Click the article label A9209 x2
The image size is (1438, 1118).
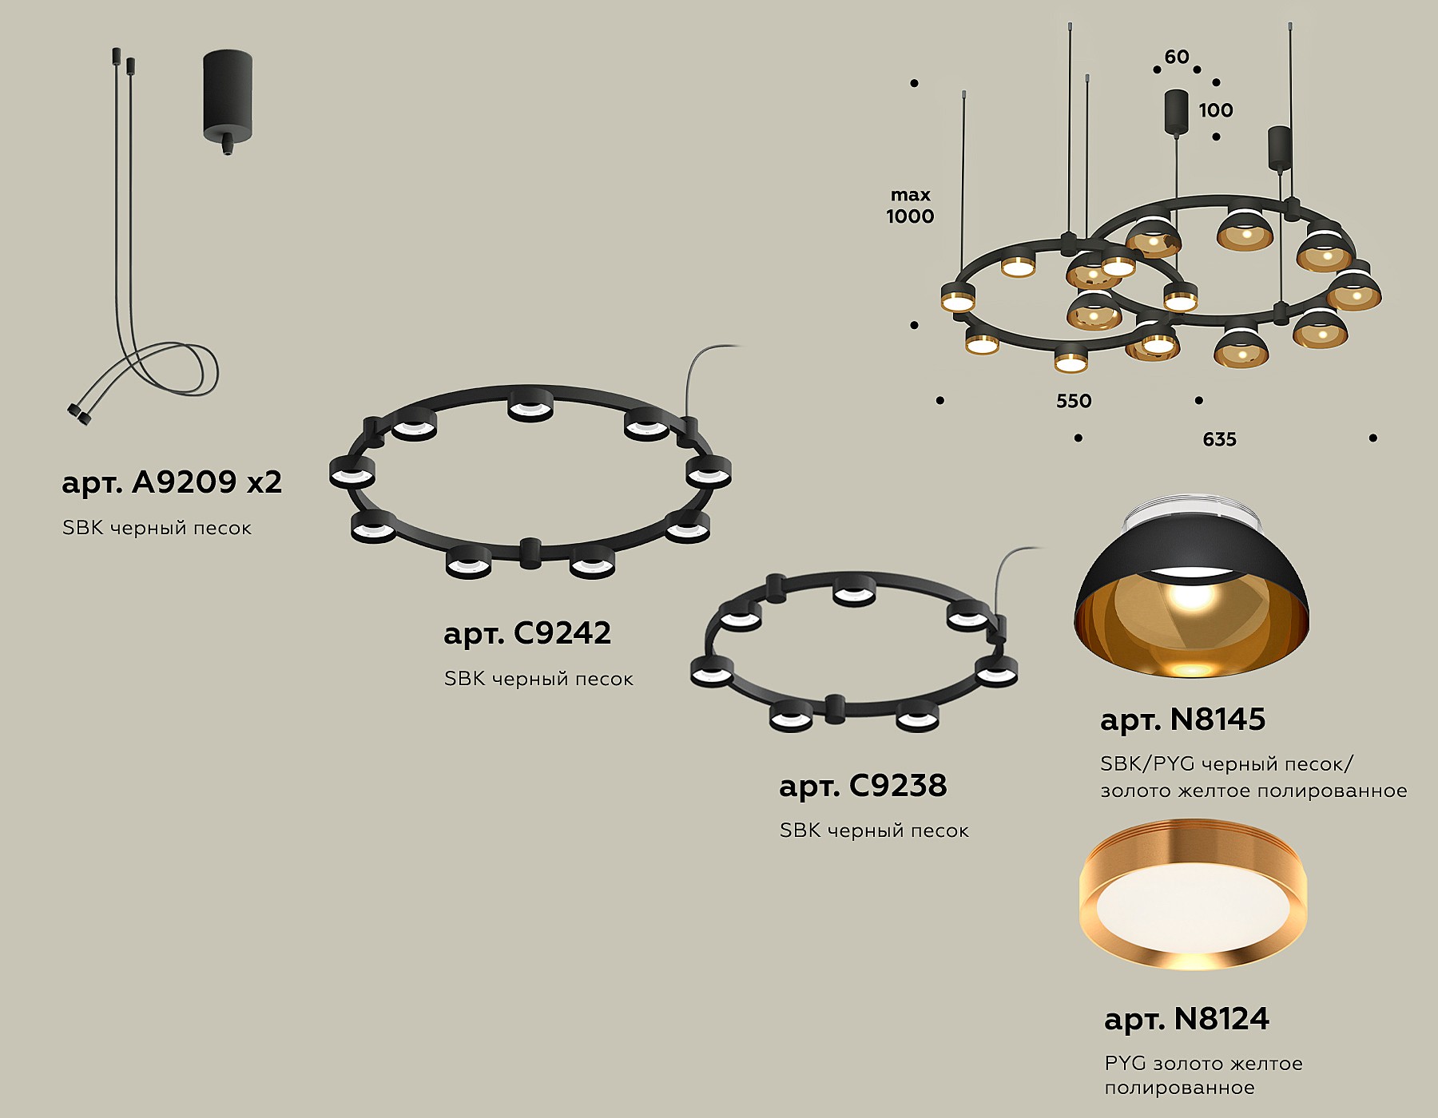172,482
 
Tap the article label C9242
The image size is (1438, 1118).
527,633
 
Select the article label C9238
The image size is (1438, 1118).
863,786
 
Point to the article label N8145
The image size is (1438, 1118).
1182,720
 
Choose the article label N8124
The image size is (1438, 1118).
1186,1019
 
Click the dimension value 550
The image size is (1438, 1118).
1074,401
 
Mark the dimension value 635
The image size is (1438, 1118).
1219,439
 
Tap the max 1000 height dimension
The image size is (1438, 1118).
910,205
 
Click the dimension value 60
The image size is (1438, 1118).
1177,57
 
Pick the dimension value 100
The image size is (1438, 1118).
1215,110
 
